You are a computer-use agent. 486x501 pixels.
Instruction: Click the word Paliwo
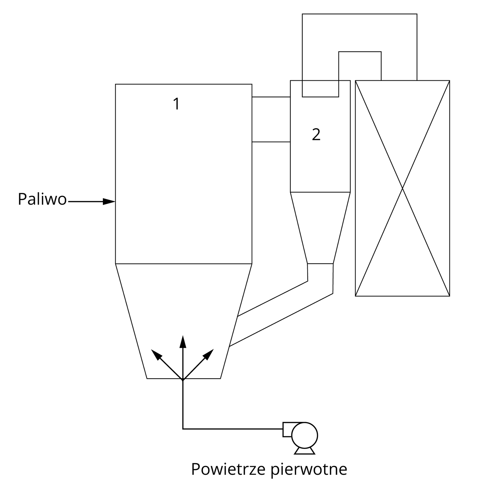(x=42, y=199)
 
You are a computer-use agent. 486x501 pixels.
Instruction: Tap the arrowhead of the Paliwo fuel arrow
(x=109, y=202)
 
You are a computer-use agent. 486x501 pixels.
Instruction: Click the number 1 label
(x=176, y=104)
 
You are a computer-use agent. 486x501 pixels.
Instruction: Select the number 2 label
(x=316, y=135)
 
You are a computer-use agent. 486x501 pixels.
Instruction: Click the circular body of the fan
(x=304, y=435)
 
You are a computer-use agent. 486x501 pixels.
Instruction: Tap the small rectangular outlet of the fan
(x=287, y=429)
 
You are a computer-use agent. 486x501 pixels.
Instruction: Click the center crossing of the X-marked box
(x=402, y=188)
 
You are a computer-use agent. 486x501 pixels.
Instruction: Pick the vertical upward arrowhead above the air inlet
(x=183, y=342)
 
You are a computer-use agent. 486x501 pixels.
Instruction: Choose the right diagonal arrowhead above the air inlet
(x=209, y=354)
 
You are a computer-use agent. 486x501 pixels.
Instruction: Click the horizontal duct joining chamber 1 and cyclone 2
(x=271, y=120)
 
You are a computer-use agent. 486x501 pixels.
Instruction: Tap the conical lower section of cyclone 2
(x=320, y=227)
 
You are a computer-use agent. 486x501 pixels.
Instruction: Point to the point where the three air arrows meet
(x=183, y=380)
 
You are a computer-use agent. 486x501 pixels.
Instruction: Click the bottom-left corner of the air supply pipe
(x=183, y=429)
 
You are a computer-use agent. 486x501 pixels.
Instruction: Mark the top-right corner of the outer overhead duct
(x=417, y=14)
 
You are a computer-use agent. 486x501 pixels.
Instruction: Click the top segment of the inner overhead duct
(x=360, y=52)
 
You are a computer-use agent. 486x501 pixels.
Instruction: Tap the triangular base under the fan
(x=304, y=451)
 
